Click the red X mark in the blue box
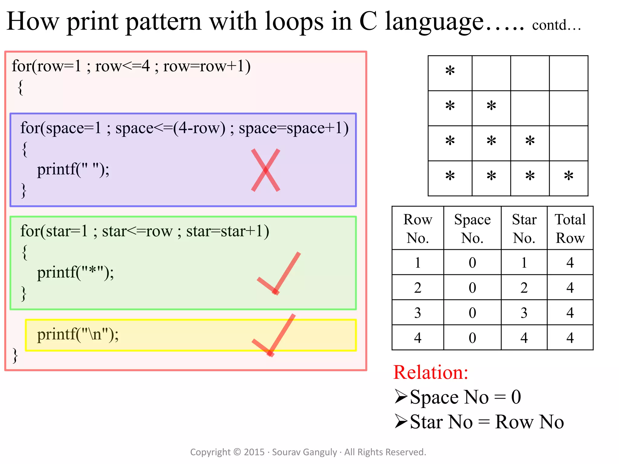pos(266,170)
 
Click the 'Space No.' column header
pos(472,228)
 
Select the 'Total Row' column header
pos(570,228)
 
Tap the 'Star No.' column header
pos(524,228)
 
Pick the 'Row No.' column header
pos(418,228)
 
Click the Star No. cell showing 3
pos(524,313)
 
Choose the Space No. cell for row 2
pos(472,288)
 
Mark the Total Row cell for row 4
pos(570,338)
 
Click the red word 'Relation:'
pos(431,372)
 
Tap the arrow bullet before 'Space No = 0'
pos(401,397)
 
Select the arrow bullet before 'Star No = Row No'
pos(401,421)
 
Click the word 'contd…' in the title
pos(556,25)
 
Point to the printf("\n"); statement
pos(78,335)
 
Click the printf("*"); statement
pos(75,272)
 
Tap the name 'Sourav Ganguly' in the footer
pos(304,452)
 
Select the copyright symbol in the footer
pos(237,452)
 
